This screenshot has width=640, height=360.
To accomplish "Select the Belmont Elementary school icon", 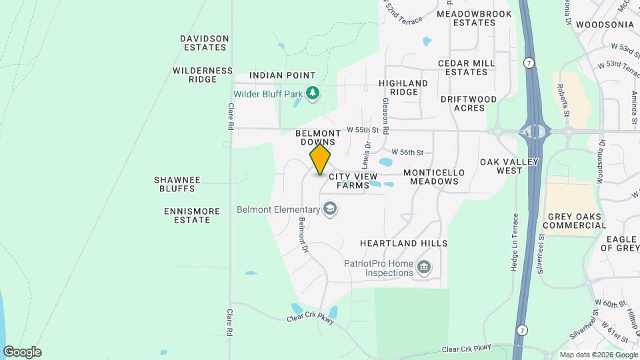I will coord(329,210).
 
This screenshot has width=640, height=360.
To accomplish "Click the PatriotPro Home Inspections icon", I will coord(423,268).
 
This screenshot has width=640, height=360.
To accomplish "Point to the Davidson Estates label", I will coord(205,43).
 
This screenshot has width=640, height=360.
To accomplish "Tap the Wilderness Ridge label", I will coord(203,75).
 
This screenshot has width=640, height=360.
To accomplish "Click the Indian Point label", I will coord(282,76).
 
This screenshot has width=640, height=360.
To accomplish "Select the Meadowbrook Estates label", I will coord(474,18).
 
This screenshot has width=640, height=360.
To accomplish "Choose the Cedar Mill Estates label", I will coord(467,67).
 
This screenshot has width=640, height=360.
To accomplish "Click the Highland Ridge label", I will coord(403,87).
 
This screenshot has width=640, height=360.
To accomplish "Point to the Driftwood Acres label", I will coord(469,103).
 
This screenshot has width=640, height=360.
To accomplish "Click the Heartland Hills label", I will coord(403,243).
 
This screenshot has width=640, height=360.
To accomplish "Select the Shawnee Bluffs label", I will coord(175,184).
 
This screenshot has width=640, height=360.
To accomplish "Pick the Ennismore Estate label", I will coord(192,215).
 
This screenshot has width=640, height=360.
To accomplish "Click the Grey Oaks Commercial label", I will coord(577,221).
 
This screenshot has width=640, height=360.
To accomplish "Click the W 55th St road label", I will coord(362,130).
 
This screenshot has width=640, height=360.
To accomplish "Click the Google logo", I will coord(22,351).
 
